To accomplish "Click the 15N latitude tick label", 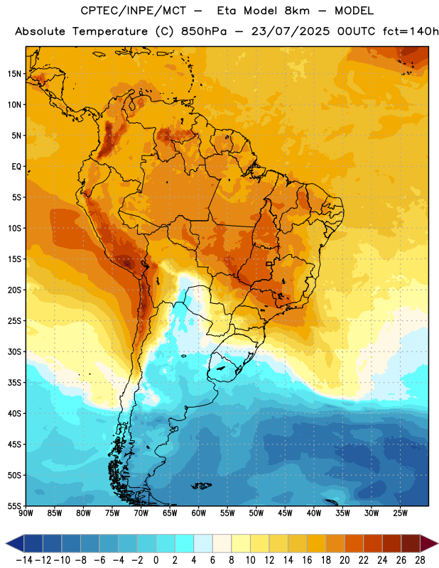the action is [14, 74].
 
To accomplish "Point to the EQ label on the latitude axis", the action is [16, 167].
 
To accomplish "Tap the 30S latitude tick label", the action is [14, 351].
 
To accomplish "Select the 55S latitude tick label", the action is [14, 506].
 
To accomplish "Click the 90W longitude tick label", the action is [26, 513].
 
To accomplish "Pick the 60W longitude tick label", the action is [199, 513].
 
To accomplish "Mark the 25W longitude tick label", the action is [400, 513].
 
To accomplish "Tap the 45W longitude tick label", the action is [286, 513].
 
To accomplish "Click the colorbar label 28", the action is [420, 560].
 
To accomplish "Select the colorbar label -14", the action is [24, 560].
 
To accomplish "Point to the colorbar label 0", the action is [156, 560].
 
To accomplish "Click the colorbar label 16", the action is [307, 560].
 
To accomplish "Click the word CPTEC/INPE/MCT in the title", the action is [133, 11].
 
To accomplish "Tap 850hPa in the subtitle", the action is [204, 31].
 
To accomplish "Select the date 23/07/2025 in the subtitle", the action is [291, 31].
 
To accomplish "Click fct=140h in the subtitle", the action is [411, 31].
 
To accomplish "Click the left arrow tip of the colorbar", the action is [6, 543].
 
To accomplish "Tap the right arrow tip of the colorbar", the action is [438, 543].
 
